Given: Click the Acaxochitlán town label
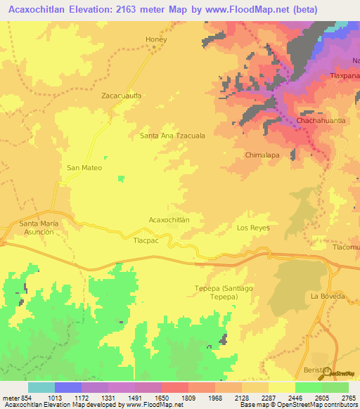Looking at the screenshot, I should [x=169, y=220].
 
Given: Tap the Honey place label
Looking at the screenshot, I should [x=155, y=39].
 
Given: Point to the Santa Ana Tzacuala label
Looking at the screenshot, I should [x=172, y=136].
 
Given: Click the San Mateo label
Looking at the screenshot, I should [x=84, y=168].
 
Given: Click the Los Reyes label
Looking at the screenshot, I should [x=253, y=228].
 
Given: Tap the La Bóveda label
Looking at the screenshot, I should [x=328, y=297].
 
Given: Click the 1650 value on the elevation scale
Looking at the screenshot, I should [x=148, y=398].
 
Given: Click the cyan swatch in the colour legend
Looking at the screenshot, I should [x=41, y=387].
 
